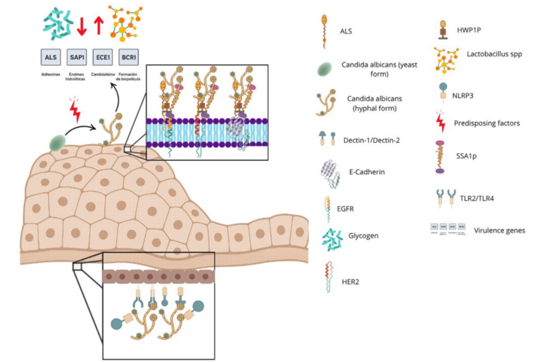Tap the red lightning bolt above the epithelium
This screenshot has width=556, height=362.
[x=74, y=112]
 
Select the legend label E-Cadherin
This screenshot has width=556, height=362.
[x=367, y=172]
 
